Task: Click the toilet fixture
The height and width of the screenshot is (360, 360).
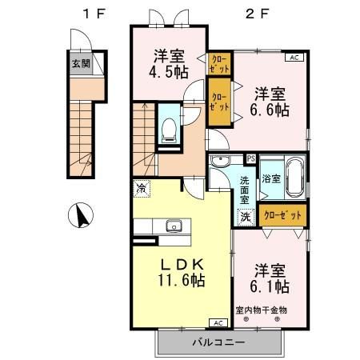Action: point(169,129)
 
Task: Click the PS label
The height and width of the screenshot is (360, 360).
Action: point(250,158)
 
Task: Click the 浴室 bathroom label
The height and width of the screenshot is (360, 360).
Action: point(270,178)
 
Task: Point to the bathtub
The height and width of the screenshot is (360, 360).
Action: point(293,177)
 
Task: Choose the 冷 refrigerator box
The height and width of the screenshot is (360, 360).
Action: point(141,189)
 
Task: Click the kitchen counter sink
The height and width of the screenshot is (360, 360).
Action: point(172,226)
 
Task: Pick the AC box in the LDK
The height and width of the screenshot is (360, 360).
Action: point(216,322)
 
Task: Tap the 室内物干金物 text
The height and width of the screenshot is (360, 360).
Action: point(261,309)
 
